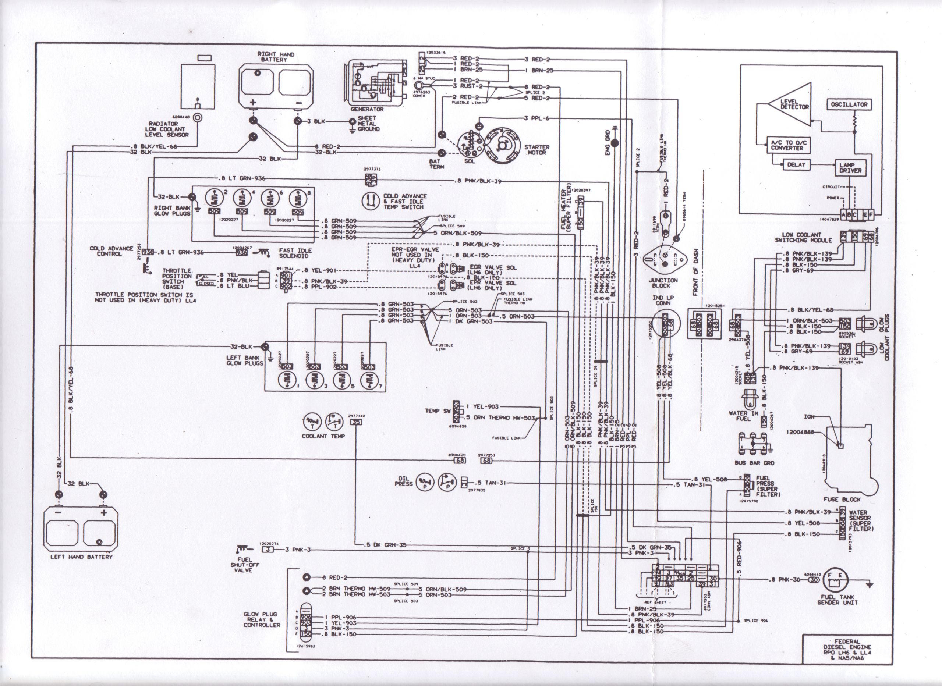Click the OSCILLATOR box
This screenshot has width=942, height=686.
coord(849,104)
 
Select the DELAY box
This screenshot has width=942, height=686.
coord(796,164)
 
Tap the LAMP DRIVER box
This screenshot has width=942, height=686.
coord(850,168)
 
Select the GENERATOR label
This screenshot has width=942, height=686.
coord(367,109)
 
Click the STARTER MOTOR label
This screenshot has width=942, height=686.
coord(536,150)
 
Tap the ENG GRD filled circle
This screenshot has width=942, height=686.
coord(615,143)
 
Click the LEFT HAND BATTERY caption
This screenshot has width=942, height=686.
coord(81,557)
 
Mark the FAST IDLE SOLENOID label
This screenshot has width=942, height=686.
coord(295,253)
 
